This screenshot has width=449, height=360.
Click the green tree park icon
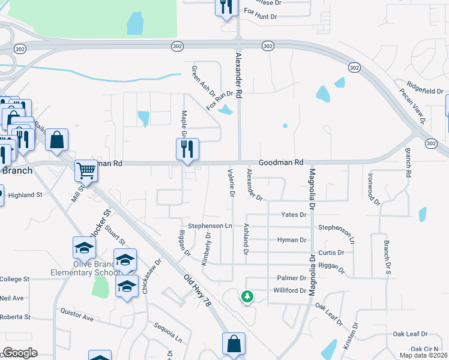pos(246,296)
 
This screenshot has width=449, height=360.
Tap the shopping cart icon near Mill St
pos(86,171)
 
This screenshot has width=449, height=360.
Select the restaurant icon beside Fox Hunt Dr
pos(226,8)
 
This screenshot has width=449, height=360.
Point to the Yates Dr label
pos(294,215)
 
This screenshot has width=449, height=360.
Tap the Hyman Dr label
pos(292,240)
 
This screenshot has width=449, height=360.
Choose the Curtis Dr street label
pos(331,253)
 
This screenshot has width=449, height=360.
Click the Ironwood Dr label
pos(373,190)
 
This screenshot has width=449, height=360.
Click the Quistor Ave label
pos(77,314)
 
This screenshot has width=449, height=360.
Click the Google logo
pos(20,353)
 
